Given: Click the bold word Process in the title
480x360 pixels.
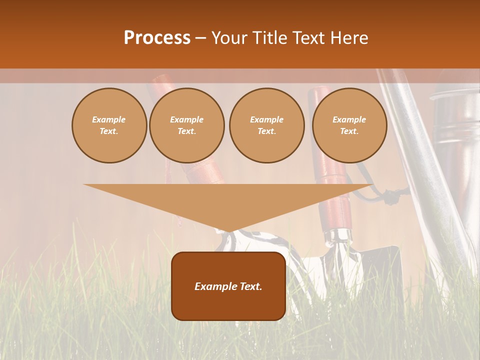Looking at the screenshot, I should tap(157, 38).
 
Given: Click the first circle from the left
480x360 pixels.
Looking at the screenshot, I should tap(109, 125).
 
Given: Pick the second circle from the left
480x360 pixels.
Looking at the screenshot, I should tap(187, 125).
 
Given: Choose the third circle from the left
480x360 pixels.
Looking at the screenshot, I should tap(267, 125).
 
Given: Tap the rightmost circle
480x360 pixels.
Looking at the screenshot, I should tap(349, 125).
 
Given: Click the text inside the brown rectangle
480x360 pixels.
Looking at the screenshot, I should tap(228, 286).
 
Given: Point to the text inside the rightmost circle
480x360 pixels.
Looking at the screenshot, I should tap(349, 125).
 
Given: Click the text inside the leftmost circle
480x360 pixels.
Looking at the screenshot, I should tap(109, 125).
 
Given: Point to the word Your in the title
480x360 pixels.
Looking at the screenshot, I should tap(229, 38).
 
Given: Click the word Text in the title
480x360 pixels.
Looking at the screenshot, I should tap(308, 38).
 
